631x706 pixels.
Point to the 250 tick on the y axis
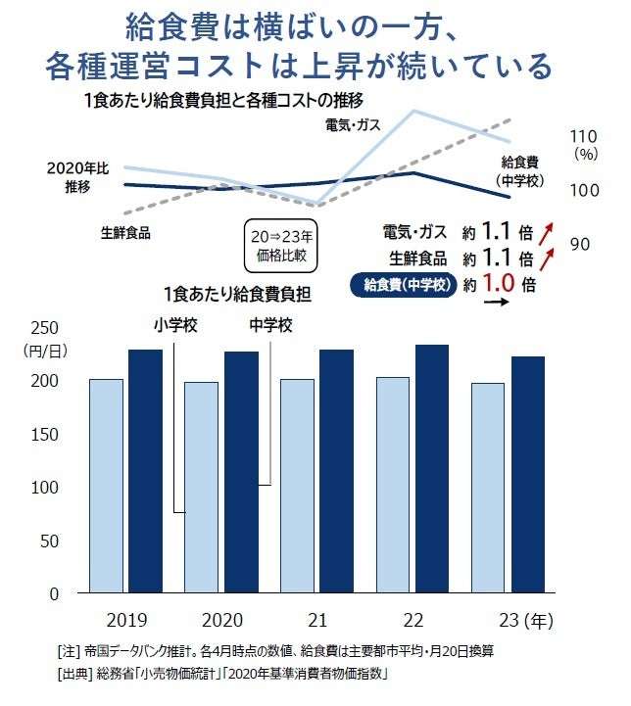point(47,328)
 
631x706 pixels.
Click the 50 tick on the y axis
point(51,541)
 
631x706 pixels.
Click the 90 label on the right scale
point(579,243)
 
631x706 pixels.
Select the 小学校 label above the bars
point(175,325)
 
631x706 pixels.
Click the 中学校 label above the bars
point(271,325)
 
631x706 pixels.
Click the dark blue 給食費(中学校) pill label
point(405,285)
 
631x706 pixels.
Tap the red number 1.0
point(498,285)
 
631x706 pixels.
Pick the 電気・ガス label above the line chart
point(353,124)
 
